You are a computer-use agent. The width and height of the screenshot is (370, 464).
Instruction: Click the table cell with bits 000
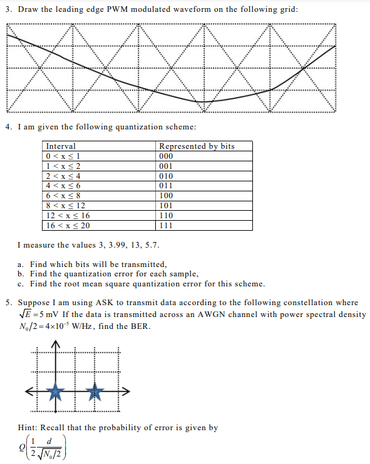166,156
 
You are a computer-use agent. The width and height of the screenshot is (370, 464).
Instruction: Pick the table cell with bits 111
166,226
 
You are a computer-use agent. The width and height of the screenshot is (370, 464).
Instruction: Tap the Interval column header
61,146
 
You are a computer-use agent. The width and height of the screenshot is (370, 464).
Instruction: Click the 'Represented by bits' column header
197,146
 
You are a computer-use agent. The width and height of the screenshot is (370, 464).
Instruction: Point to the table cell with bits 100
166,196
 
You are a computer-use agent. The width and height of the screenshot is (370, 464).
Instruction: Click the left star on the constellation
56,392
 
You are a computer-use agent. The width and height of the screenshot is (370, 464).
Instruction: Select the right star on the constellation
95,392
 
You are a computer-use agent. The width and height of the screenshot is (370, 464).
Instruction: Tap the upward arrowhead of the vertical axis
56,346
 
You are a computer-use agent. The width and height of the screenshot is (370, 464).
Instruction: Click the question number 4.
8,127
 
